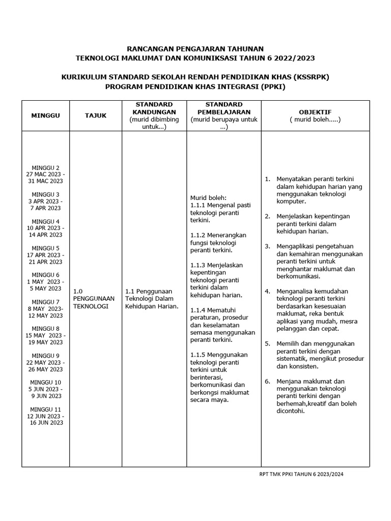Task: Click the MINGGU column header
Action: (45, 115)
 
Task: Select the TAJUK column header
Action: (96, 115)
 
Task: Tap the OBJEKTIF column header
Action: (315, 112)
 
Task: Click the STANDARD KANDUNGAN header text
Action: (154, 108)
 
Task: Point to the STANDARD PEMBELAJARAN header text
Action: (224, 108)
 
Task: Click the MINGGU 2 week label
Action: (45, 167)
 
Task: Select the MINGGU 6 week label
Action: (45, 274)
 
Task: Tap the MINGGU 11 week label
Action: (45, 409)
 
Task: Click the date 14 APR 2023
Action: (45, 235)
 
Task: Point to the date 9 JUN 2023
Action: (45, 396)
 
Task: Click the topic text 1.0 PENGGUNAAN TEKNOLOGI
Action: (94, 299)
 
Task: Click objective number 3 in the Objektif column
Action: (267, 246)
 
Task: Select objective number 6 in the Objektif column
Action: (267, 381)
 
